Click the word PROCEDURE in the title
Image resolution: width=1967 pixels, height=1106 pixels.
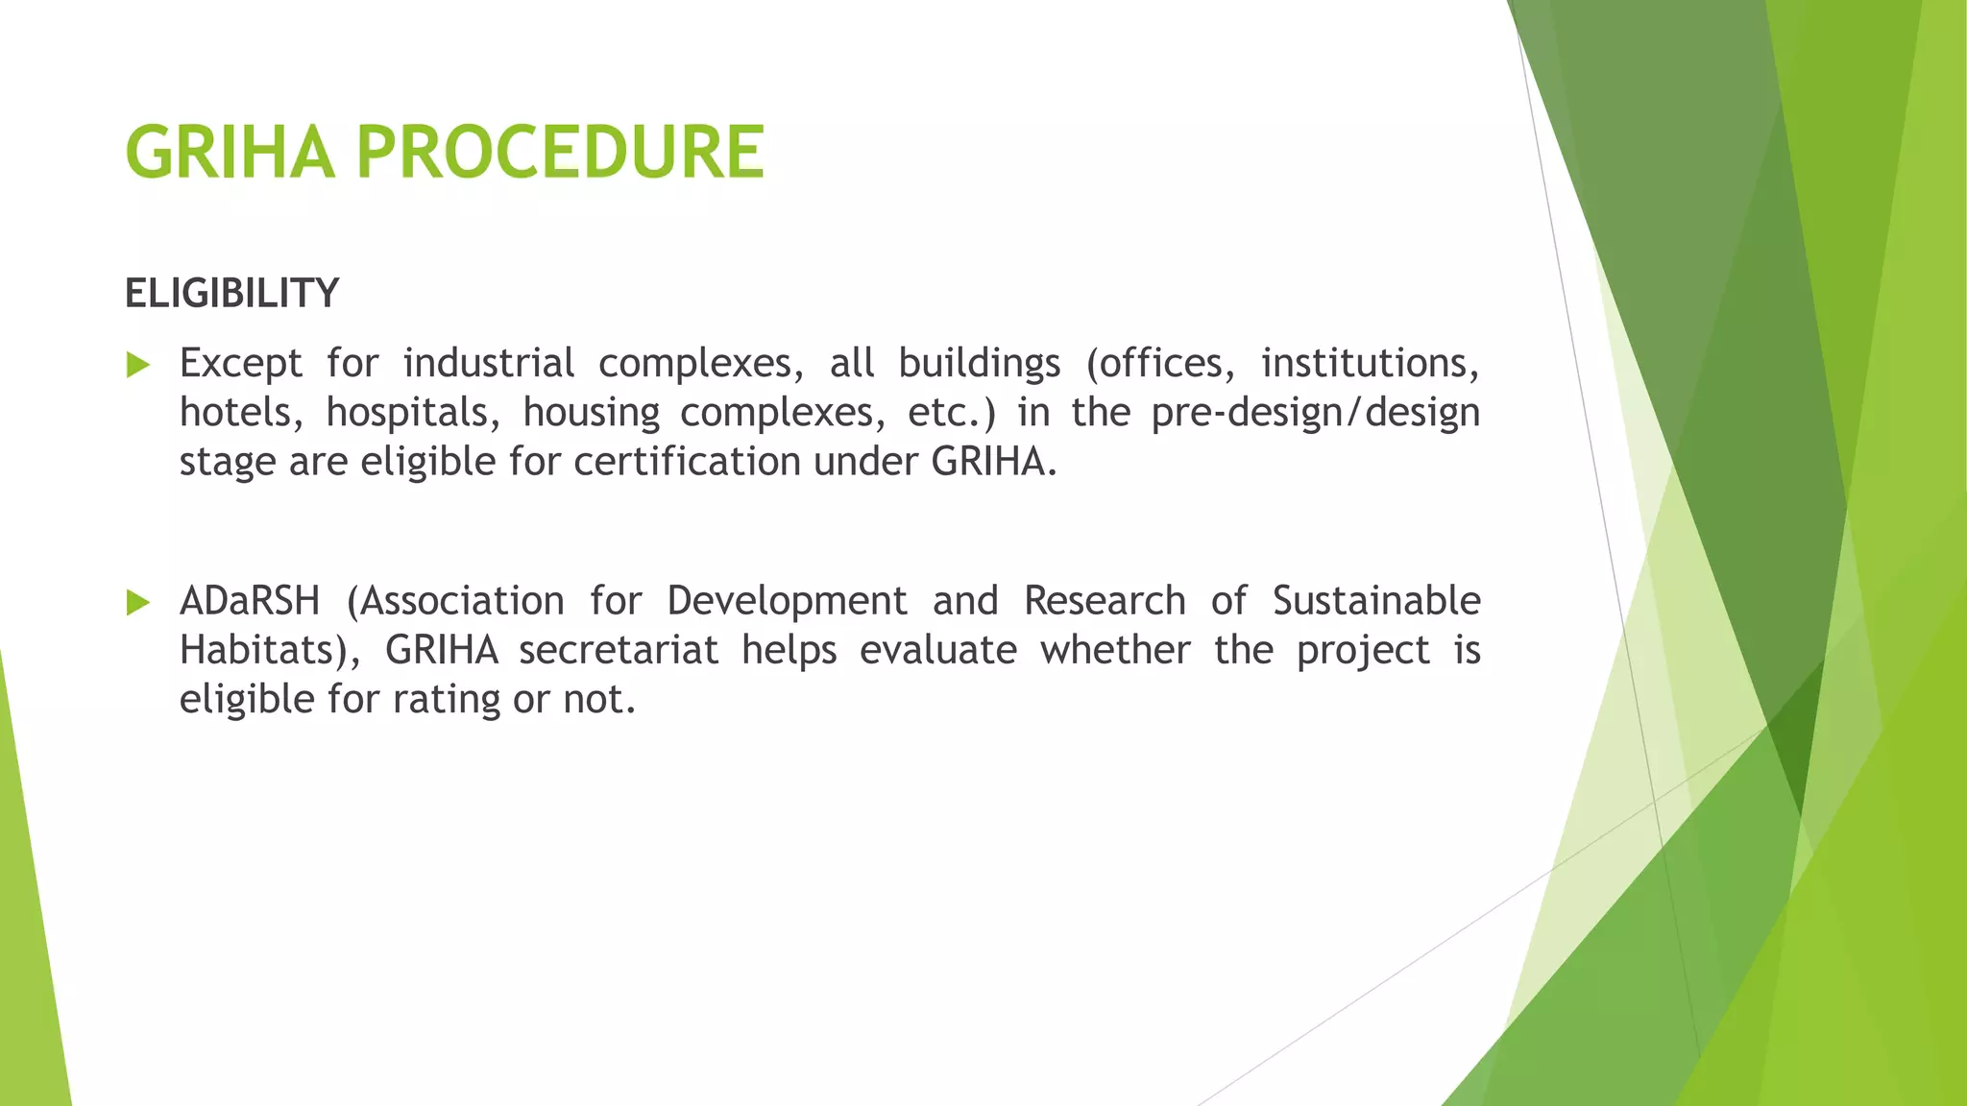(x=560, y=153)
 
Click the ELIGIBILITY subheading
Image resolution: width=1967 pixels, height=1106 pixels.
(x=231, y=293)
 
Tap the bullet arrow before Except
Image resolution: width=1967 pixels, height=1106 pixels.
(x=138, y=365)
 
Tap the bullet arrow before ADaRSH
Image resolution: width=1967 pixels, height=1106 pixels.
(x=138, y=603)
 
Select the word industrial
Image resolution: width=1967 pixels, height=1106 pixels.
(x=488, y=363)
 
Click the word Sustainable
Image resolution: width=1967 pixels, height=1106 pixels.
(x=1375, y=601)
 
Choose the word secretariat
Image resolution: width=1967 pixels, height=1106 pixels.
(x=619, y=650)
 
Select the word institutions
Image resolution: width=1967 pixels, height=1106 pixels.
(x=1369, y=363)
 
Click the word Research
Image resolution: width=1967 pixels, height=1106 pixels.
(x=1104, y=601)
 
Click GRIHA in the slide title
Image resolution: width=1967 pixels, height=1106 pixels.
(x=231, y=153)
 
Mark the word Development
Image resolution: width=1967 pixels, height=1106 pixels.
(x=787, y=601)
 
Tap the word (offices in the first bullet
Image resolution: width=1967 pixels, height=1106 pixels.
(x=1159, y=363)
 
